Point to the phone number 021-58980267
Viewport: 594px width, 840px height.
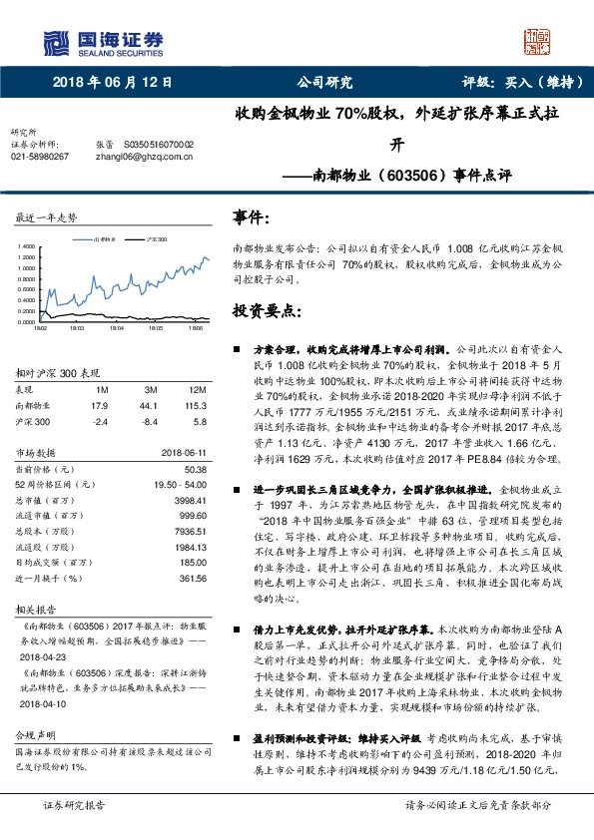[39, 156]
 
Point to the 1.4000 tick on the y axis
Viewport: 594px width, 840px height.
[27, 245]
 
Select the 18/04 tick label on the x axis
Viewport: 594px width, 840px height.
[116, 326]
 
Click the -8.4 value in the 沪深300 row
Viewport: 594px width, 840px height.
[148, 421]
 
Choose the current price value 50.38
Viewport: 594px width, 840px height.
[194, 468]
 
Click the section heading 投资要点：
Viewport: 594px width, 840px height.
[266, 309]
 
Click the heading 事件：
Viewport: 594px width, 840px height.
[253, 215]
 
